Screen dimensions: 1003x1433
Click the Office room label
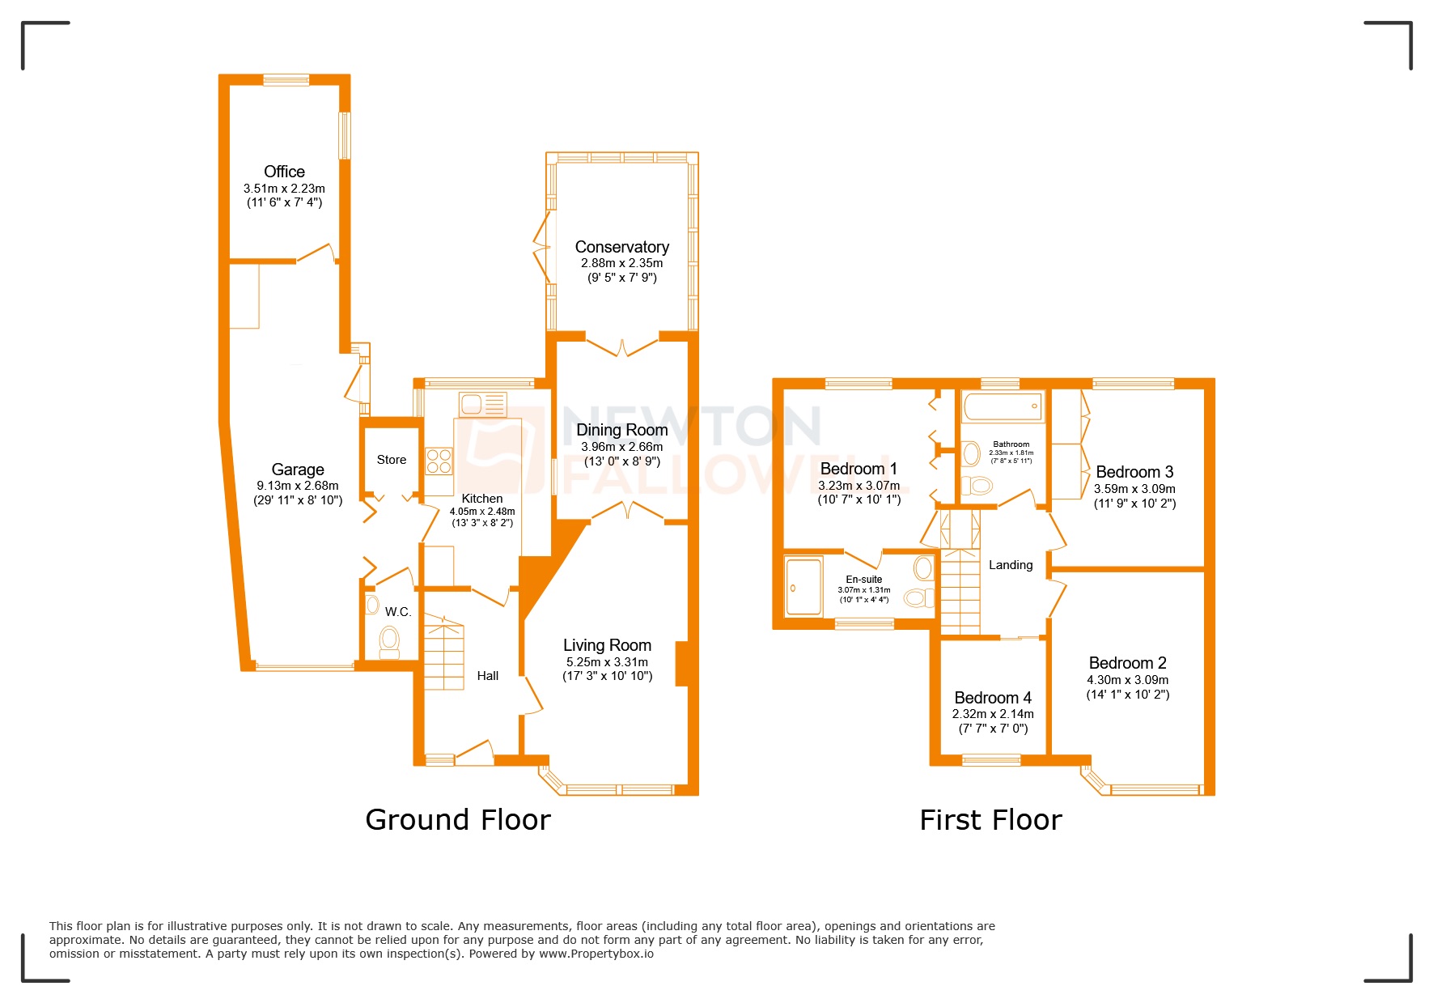pos(284,172)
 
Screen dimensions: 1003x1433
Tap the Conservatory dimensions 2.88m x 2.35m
pos(621,263)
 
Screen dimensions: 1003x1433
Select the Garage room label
pos(298,470)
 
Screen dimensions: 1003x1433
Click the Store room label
pos(392,460)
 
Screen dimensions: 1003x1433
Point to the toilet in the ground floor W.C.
pos(390,642)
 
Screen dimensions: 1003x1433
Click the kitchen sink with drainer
pos(482,404)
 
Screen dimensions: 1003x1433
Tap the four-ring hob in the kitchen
pos(439,461)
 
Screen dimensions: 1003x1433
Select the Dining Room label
pos(621,430)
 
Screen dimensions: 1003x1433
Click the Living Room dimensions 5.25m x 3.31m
pos(607,662)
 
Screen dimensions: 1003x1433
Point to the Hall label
pos(488,676)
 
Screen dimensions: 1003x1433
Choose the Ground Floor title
pos(458,820)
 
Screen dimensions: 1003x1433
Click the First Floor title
pos(990,820)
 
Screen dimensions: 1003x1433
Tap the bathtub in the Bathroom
pos(1003,406)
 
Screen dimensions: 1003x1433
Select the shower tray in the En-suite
pos(803,585)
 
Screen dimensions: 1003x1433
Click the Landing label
pos(1011,565)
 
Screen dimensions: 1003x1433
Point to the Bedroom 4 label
pos(993,698)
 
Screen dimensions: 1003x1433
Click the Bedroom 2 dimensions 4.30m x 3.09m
pos(1127,680)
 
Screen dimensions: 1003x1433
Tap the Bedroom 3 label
pos(1134,472)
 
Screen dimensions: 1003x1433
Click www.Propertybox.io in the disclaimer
pos(596,954)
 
